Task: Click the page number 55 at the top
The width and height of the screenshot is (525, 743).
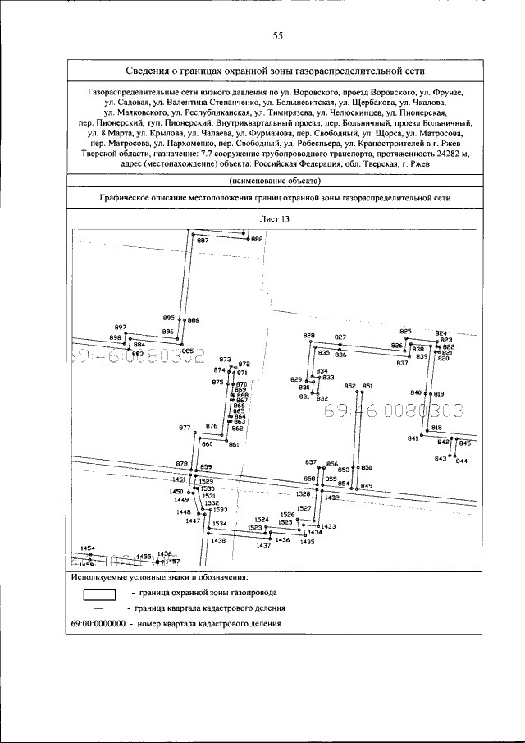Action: (277, 35)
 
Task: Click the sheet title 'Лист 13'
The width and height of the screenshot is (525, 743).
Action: (275, 219)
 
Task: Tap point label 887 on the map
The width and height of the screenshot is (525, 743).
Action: (202, 241)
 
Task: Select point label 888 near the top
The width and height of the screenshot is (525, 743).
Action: (257, 239)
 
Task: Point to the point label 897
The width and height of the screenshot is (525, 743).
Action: (121, 327)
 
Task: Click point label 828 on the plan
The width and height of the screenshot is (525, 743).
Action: (308, 336)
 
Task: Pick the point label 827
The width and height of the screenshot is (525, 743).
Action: (340, 337)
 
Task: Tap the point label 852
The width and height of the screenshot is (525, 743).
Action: (349, 386)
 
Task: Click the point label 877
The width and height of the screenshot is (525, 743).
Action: (185, 428)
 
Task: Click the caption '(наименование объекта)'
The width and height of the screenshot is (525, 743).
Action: (275, 180)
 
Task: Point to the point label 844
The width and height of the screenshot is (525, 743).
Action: (461, 461)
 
